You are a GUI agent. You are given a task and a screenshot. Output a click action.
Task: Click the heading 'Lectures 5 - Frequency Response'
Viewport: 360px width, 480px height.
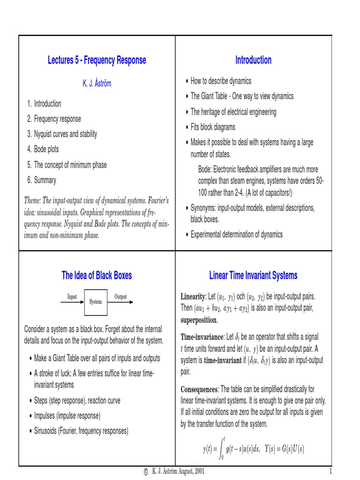tap(97, 60)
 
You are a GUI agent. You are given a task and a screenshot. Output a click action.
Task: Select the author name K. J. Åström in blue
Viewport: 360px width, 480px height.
tap(97, 84)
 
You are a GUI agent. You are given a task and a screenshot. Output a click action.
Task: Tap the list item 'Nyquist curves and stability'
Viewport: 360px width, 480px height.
tap(65, 134)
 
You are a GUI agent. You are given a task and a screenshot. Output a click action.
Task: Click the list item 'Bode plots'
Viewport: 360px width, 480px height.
tap(46, 150)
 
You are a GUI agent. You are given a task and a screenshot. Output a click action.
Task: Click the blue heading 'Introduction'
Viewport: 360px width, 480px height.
tap(253, 60)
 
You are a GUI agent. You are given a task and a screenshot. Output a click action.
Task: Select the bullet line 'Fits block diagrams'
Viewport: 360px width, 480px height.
tap(213, 127)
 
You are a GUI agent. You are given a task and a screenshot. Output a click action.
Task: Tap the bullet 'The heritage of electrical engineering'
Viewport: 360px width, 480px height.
tap(233, 112)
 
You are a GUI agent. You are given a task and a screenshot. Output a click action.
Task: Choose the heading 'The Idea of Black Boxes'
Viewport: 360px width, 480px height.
tap(97, 276)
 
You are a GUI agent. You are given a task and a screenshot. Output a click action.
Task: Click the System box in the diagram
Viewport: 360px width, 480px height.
tap(96, 302)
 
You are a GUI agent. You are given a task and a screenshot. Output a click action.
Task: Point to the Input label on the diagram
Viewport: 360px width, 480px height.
tap(72, 297)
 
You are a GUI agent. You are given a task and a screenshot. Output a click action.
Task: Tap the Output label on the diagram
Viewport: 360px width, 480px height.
tap(120, 297)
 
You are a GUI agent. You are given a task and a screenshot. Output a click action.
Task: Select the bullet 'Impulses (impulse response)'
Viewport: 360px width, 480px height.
tap(67, 415)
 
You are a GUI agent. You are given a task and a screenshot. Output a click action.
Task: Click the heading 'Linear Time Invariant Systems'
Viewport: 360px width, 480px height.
tap(253, 276)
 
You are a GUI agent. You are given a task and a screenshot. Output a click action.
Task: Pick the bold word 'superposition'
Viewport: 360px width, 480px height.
tap(199, 321)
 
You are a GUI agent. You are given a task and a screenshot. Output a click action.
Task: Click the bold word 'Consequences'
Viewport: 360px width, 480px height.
tap(199, 390)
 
